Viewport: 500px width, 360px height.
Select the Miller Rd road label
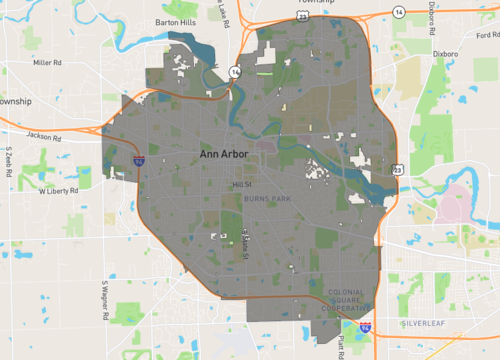(x=47, y=62)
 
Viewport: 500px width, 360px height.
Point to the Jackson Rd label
(x=46, y=134)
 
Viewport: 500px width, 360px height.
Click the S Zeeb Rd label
(x=7, y=161)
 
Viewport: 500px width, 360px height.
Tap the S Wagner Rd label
(x=103, y=300)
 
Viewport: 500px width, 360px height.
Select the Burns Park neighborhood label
(x=265, y=199)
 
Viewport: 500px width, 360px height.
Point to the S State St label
(x=246, y=244)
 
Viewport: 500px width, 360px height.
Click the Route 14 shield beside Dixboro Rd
(x=399, y=11)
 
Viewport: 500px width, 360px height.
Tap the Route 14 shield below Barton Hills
(x=234, y=72)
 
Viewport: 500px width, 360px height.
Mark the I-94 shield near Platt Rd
(x=365, y=327)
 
